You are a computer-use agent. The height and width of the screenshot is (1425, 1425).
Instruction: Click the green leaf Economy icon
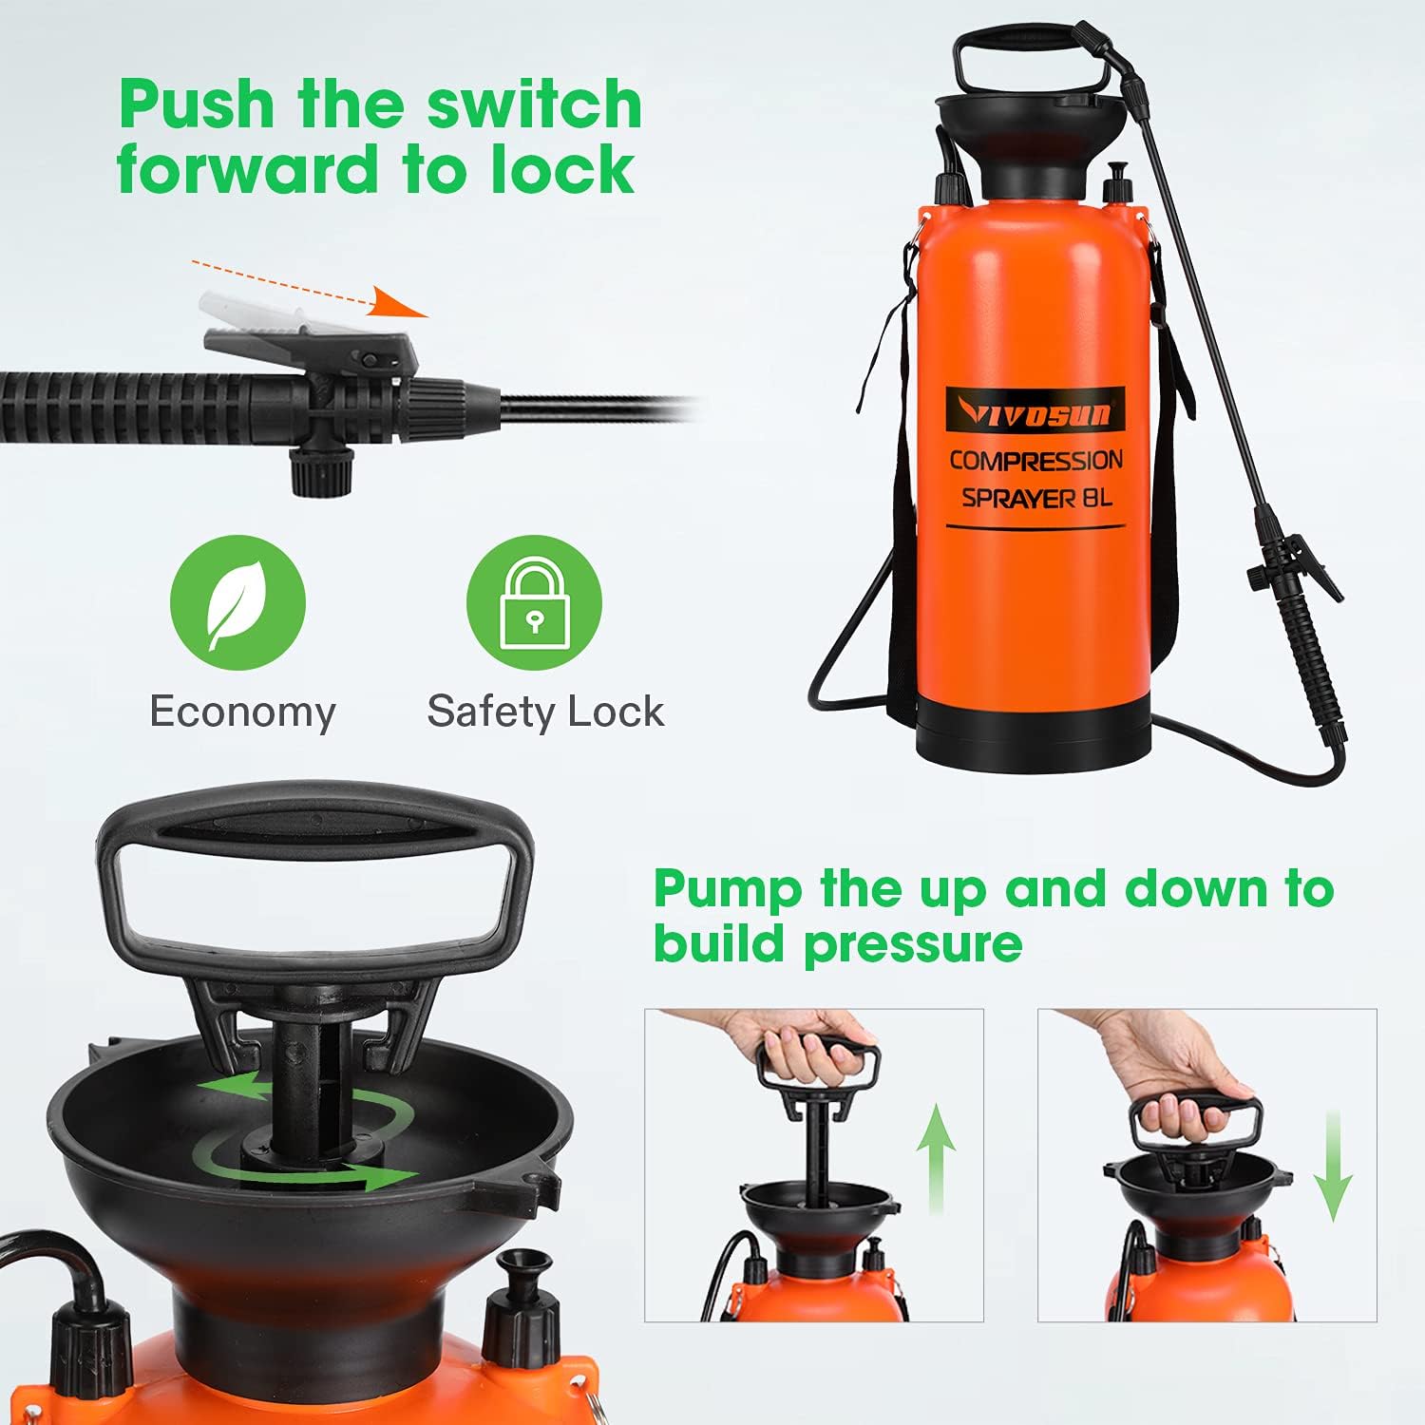pos(237,602)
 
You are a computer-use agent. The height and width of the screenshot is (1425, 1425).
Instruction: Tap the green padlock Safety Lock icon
pos(534,602)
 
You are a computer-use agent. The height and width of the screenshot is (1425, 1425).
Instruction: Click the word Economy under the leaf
pos(242,712)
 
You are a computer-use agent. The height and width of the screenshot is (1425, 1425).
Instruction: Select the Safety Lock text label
pos(545,712)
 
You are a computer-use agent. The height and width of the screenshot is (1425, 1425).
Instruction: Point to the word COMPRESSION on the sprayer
pos(1035,461)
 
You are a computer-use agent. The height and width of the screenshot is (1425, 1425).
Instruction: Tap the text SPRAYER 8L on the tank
pos(1035,498)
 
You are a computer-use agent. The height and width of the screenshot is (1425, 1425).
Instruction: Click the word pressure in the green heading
pos(913,943)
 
